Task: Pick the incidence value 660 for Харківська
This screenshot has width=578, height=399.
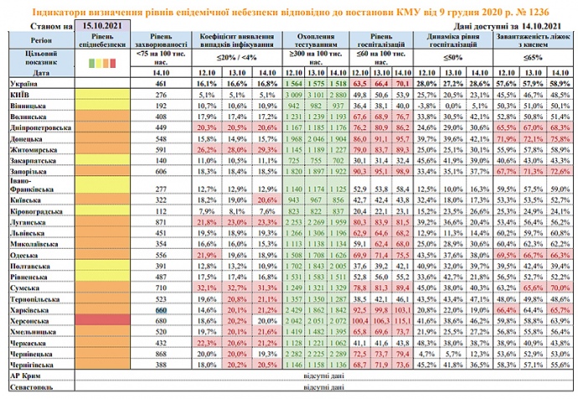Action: pos(163,309)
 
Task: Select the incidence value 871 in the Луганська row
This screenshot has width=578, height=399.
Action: pos(163,224)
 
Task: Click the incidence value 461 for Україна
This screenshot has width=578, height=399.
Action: pos(163,85)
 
